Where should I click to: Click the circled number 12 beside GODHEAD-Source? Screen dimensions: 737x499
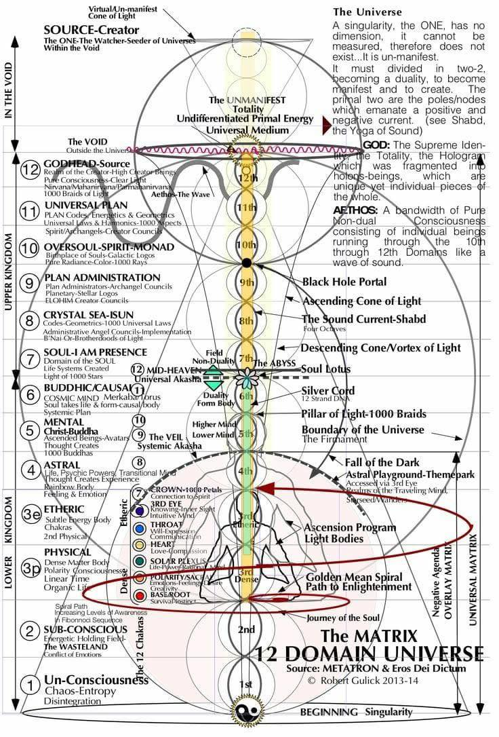click(28, 170)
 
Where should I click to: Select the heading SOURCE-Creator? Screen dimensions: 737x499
click(91, 30)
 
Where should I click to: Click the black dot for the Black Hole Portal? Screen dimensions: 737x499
click(247, 262)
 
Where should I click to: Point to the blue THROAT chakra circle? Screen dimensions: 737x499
click(140, 527)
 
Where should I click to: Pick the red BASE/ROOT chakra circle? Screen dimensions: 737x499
click(140, 595)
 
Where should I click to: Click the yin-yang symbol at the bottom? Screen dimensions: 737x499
click(243, 711)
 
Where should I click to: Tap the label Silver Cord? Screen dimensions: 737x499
click(328, 391)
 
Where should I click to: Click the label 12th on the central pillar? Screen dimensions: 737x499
click(247, 178)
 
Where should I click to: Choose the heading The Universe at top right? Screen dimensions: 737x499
click(367, 12)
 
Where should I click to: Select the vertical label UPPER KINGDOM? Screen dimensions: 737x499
click(9, 272)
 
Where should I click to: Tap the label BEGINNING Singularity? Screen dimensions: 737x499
click(356, 711)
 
